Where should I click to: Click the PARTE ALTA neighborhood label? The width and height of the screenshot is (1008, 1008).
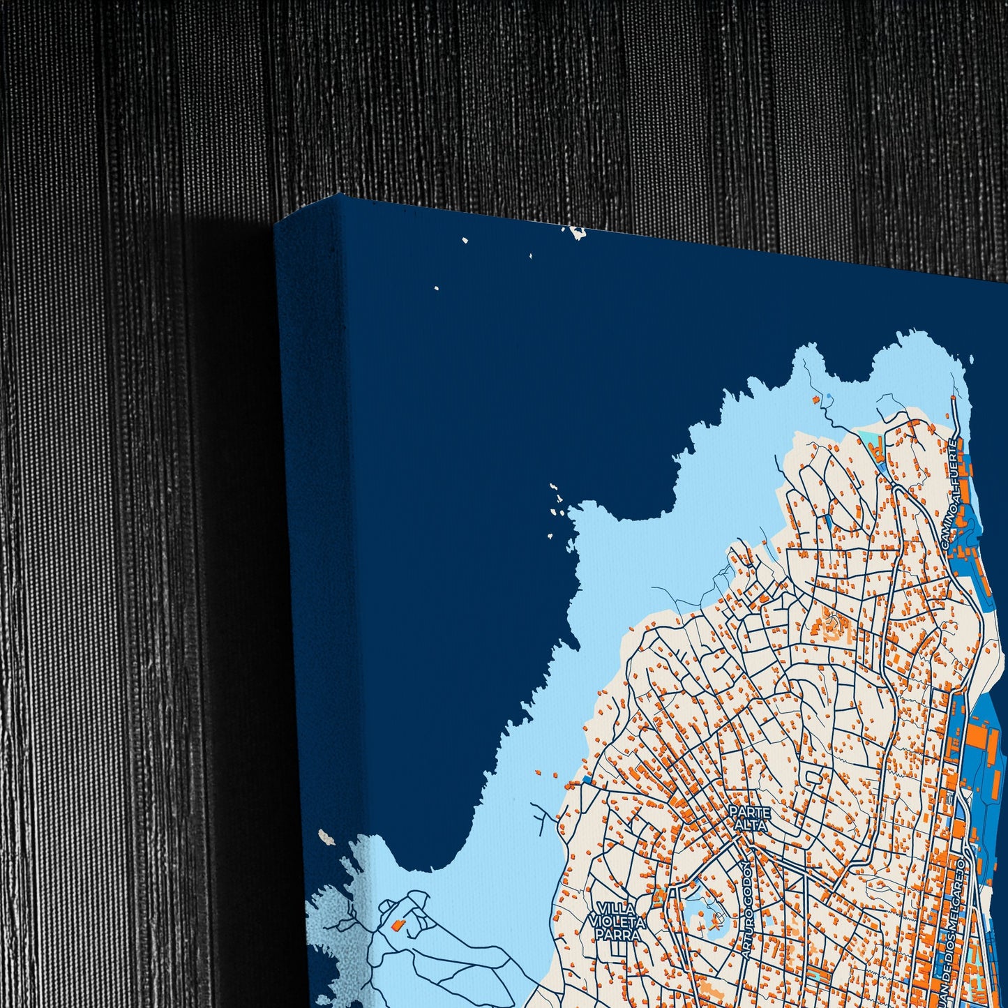click(x=749, y=818)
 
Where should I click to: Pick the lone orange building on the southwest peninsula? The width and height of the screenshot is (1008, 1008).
click(x=398, y=924)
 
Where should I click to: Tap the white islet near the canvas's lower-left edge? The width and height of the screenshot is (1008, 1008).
click(x=323, y=835)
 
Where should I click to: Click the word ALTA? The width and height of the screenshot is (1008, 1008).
click(x=749, y=825)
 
